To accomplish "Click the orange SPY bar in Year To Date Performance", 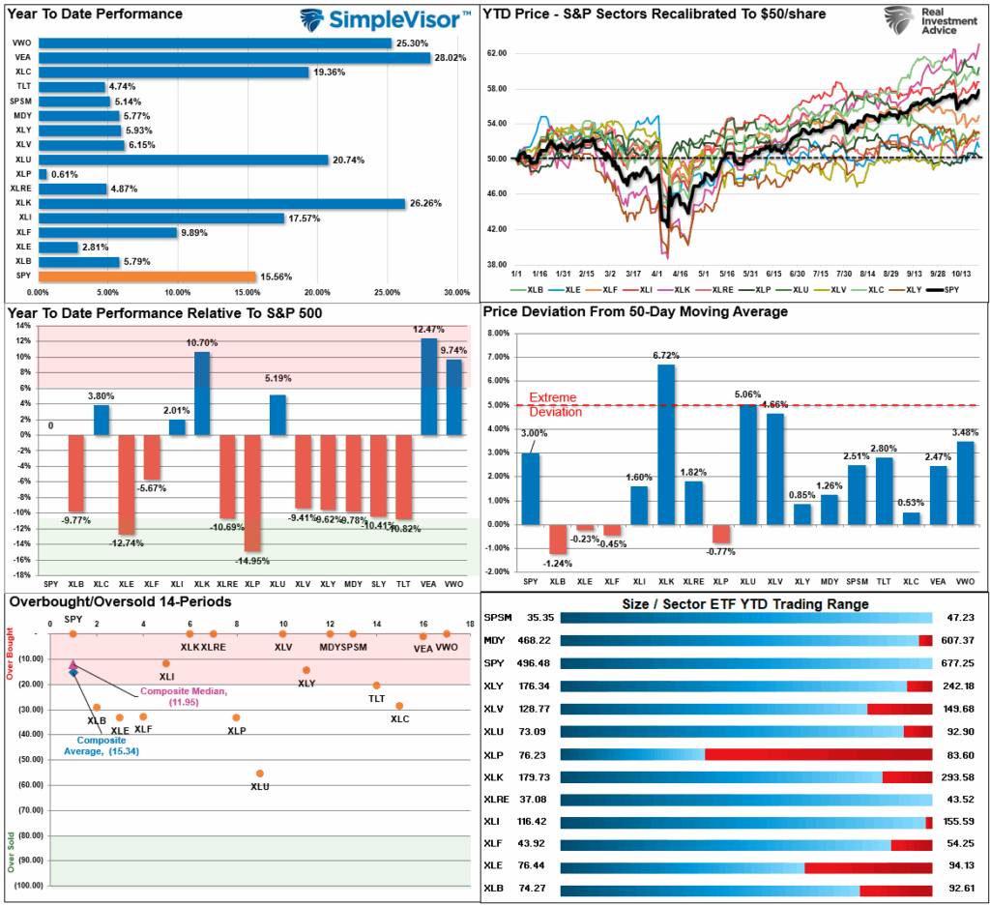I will click(x=145, y=277).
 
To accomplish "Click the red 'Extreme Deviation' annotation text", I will click(x=555, y=405).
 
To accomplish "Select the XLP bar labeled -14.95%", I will click(x=252, y=493).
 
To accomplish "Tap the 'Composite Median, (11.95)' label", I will click(x=184, y=696).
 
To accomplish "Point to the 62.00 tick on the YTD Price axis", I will click(x=498, y=53).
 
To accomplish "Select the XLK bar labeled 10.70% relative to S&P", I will click(x=201, y=394).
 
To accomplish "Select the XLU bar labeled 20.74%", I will click(x=183, y=160).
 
